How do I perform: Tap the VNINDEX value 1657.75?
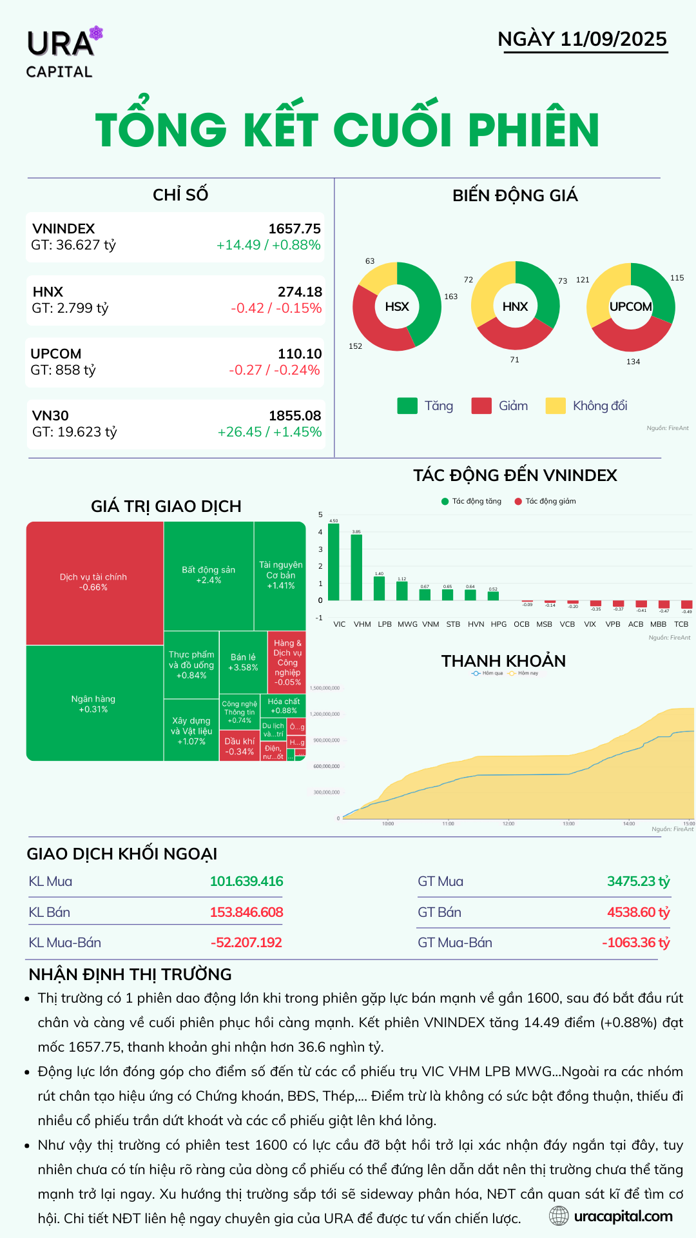(x=295, y=229)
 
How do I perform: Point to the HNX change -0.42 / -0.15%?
(x=276, y=308)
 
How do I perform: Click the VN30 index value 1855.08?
(x=295, y=416)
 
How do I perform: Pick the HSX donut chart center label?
(x=397, y=307)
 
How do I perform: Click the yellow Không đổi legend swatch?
(x=556, y=406)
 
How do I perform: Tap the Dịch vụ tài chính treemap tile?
(x=94, y=582)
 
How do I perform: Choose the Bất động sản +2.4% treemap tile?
(x=208, y=575)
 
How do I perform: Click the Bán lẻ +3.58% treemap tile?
(x=243, y=662)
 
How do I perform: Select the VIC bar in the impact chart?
(x=334, y=562)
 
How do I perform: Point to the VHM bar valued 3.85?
(x=356, y=567)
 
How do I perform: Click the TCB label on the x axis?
(x=681, y=624)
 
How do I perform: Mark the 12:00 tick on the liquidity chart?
(x=508, y=823)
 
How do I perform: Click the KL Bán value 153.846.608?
(x=246, y=912)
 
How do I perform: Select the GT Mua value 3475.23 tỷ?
(x=638, y=881)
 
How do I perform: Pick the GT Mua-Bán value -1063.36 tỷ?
(x=635, y=943)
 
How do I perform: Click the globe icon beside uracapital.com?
(x=559, y=1216)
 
